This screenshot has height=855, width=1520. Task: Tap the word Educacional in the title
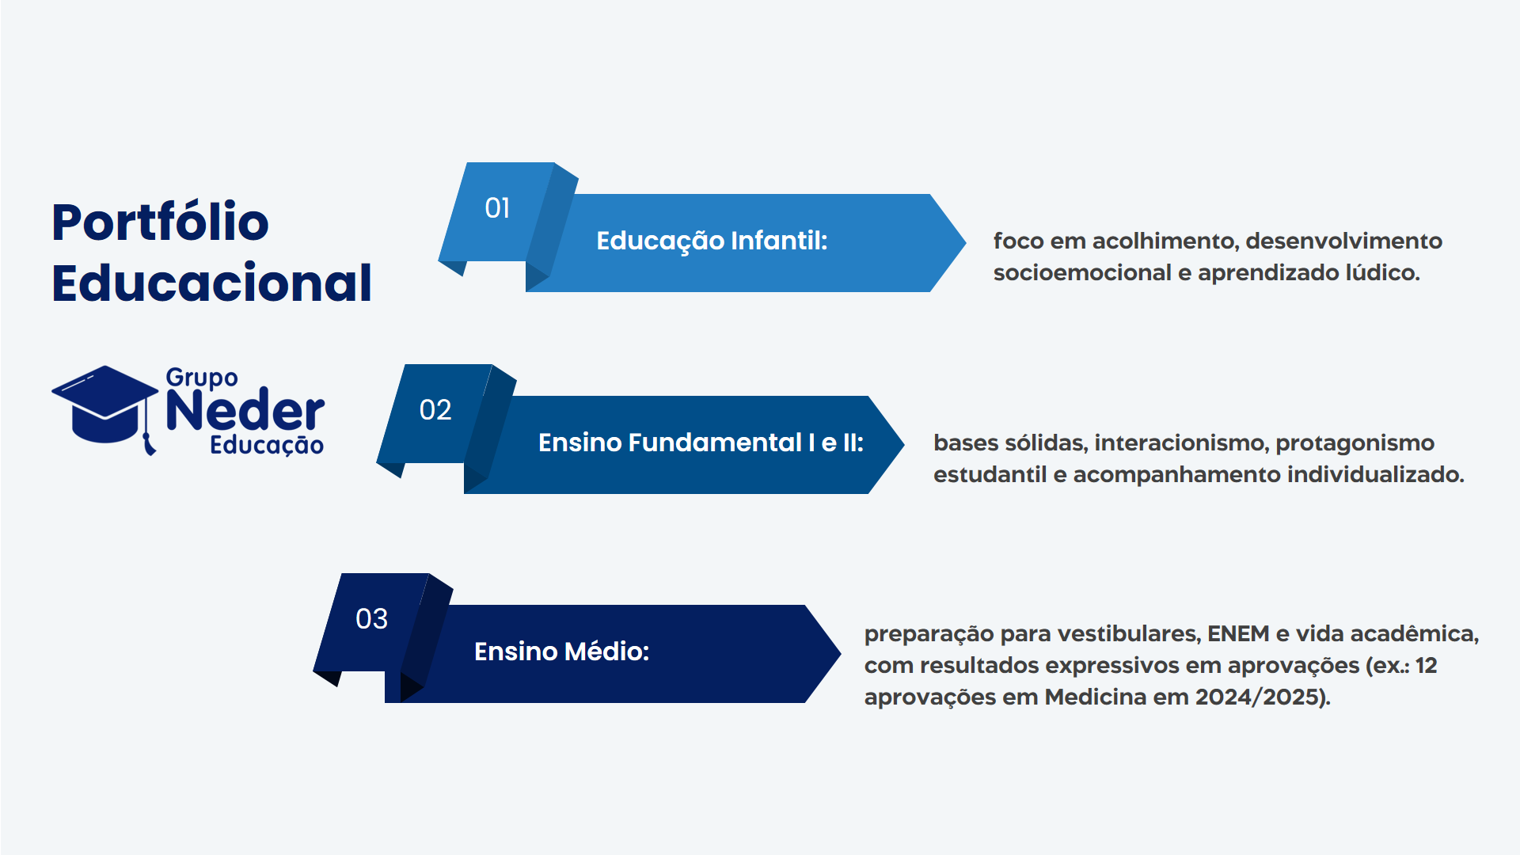pos(211,283)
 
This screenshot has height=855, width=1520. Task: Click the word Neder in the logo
pos(245,410)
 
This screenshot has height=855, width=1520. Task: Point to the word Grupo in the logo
pos(202,378)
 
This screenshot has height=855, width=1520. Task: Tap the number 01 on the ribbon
pos(497,208)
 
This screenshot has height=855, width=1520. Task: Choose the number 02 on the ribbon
pos(435,410)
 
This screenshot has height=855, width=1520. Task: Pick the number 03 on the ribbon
pos(372,619)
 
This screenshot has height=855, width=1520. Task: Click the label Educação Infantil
pos(712,241)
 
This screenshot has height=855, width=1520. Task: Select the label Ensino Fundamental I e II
pos(701,443)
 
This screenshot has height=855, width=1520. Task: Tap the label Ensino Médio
pos(561,652)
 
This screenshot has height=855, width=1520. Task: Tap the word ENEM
pos(1238,633)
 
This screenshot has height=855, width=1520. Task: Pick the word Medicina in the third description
pos(1096,697)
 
